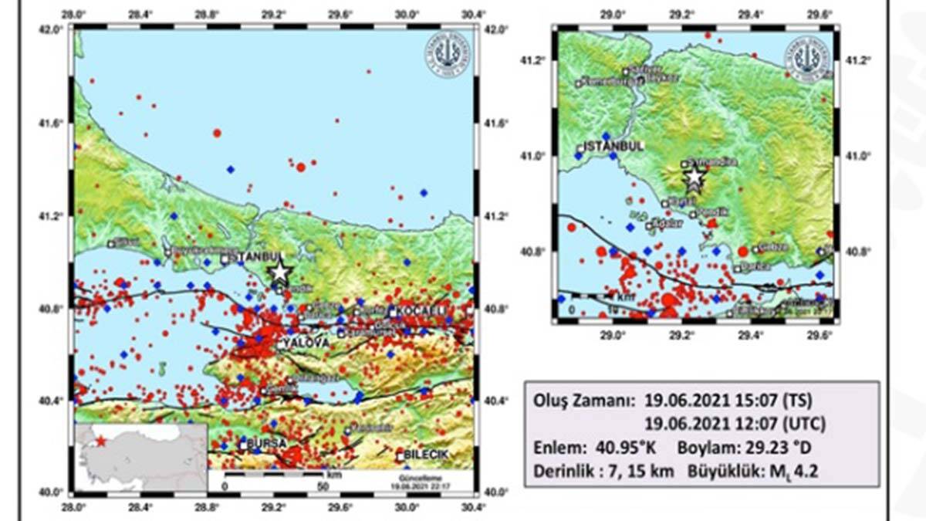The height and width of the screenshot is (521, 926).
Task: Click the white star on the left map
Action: pos(279,272)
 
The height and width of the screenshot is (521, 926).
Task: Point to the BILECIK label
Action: pos(425,456)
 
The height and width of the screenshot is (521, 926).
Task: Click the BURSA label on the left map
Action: pos(267,444)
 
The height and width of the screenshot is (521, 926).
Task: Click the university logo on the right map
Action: pos(807,56)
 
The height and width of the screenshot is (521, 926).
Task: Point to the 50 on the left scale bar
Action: pos(323,487)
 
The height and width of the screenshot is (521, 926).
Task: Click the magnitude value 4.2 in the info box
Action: pos(804,468)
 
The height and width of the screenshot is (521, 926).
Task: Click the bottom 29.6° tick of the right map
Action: pos(818,337)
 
